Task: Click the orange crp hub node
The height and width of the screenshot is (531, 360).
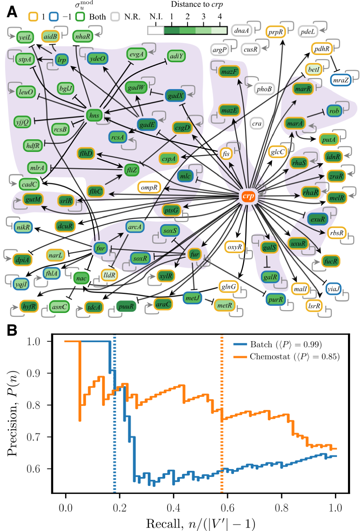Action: (248, 196)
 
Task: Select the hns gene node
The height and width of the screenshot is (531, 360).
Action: (94, 115)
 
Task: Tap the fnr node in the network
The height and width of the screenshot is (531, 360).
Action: (100, 248)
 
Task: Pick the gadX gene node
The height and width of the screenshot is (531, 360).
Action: (176, 96)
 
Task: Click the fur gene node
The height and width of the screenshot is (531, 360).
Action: (194, 254)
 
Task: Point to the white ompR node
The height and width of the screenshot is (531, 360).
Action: (149, 187)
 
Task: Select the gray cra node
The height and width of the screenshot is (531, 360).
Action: (257, 123)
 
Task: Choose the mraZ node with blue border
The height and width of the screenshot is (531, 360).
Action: (341, 80)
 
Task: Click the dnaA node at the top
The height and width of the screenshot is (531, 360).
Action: (241, 31)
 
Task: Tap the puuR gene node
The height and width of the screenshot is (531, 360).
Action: (126, 306)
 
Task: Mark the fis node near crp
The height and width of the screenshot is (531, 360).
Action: (226, 153)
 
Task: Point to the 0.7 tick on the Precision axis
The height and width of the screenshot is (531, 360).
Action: (33, 437)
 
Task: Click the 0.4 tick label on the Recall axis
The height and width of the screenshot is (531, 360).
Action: (173, 508)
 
